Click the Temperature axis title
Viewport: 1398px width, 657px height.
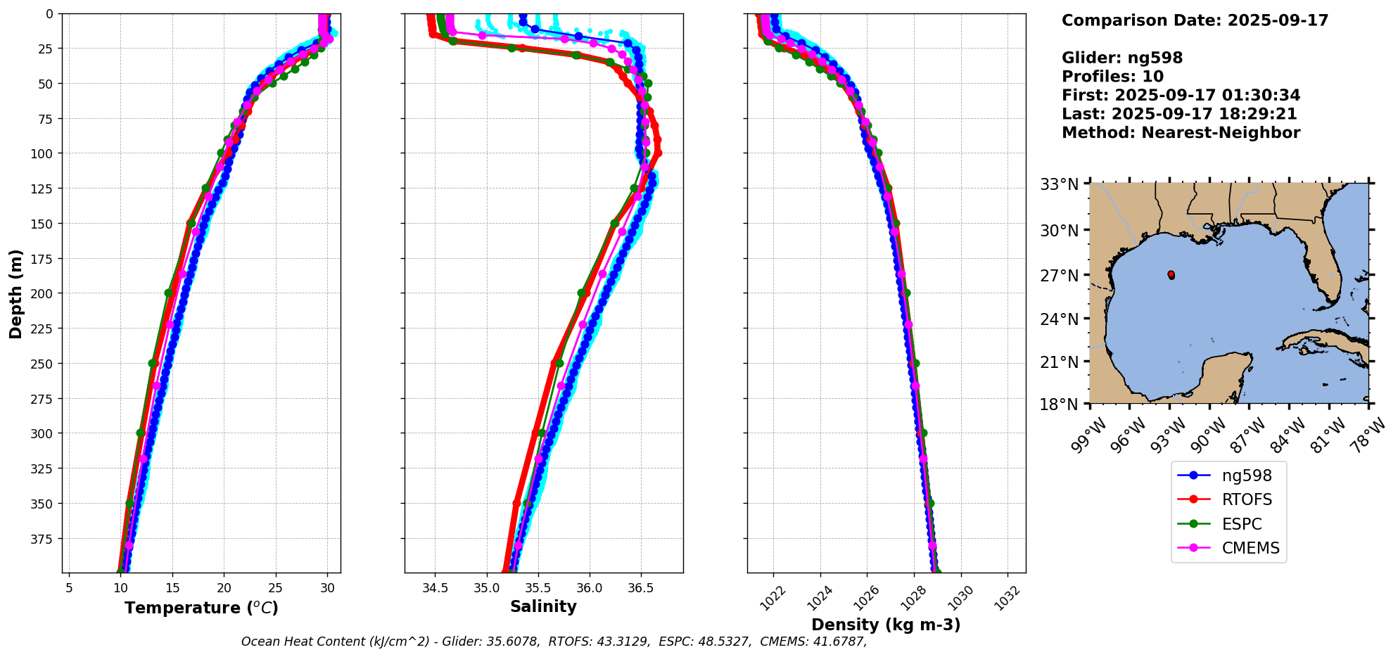201,608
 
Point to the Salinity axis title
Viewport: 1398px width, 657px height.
543,606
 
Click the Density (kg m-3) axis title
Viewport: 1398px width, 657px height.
886,625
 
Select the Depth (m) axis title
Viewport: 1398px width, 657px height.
15,293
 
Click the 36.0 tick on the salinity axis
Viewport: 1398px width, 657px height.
589,588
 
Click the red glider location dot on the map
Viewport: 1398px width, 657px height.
1171,274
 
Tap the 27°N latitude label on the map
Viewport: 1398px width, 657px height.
1060,276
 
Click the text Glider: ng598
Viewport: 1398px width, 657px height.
1121,58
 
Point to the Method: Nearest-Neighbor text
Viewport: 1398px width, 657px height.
1181,133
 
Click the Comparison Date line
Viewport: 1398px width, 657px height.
1195,20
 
